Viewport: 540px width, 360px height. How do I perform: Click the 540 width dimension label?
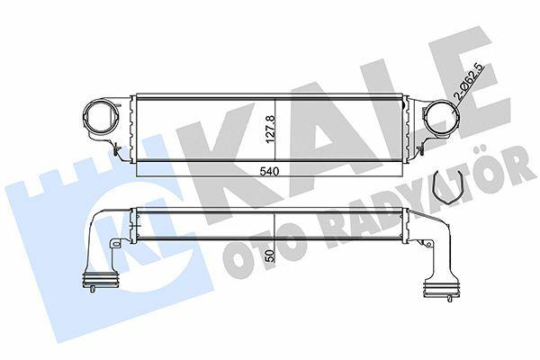tap(269, 171)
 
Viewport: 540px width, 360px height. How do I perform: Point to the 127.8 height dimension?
tap(270, 130)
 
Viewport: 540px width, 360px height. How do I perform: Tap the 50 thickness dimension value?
tap(270, 256)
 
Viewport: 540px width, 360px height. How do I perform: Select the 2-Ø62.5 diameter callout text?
tap(470, 82)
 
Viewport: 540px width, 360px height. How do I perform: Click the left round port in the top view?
tap(101, 118)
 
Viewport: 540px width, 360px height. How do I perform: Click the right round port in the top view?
tap(440, 118)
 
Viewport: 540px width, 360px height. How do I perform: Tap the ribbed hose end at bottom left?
tap(101, 279)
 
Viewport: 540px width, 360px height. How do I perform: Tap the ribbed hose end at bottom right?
tap(442, 287)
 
